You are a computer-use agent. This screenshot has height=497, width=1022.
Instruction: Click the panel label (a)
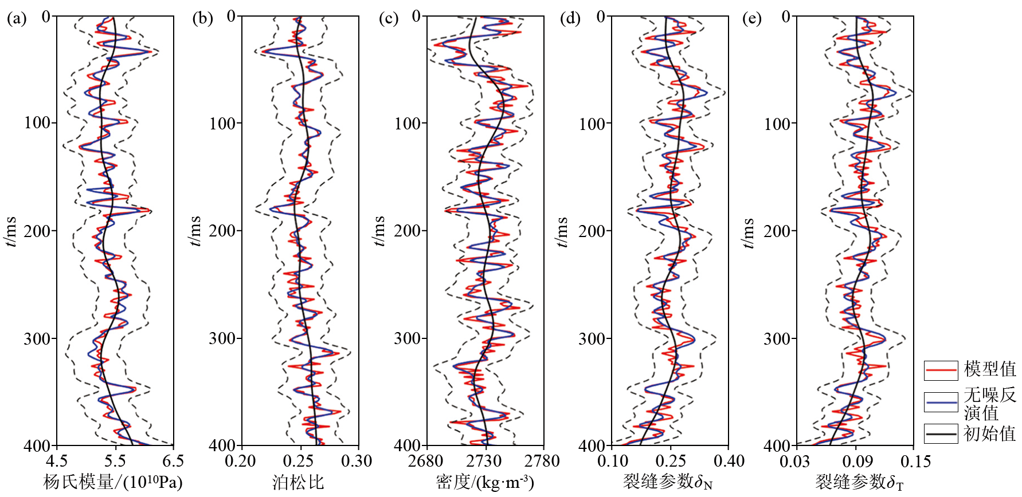pos(17,18)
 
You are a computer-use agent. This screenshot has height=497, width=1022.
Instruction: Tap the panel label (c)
pos(389,18)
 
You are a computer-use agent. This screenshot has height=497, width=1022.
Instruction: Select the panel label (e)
pos(752,18)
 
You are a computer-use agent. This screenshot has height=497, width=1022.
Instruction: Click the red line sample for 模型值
pos(941,370)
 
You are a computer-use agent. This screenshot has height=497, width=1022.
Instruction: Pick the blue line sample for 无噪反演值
pos(941,403)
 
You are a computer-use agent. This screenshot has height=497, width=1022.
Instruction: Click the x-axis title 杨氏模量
pos(112,482)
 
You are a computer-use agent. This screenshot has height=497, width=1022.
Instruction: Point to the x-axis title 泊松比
pos(298,482)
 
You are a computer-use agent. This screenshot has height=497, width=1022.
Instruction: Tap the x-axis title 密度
pos(485,482)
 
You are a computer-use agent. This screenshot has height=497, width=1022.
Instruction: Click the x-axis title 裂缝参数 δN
pos(668,482)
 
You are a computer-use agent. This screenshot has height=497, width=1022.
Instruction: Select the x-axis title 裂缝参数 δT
pos(859,482)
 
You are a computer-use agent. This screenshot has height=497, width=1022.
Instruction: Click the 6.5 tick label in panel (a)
pos(173,461)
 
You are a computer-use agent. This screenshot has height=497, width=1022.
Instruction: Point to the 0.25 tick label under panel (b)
pos(298,461)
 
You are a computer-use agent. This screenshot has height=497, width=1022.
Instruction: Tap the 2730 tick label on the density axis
pos(484,461)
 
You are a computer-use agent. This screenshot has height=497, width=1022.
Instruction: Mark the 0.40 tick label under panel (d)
pos(729,461)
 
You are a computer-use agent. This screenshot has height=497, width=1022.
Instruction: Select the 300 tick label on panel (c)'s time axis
pos(408,338)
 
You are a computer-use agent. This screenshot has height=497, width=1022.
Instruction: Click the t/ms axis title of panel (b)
pos(195,231)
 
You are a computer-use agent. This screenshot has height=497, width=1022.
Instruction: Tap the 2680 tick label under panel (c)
pos(425,461)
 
